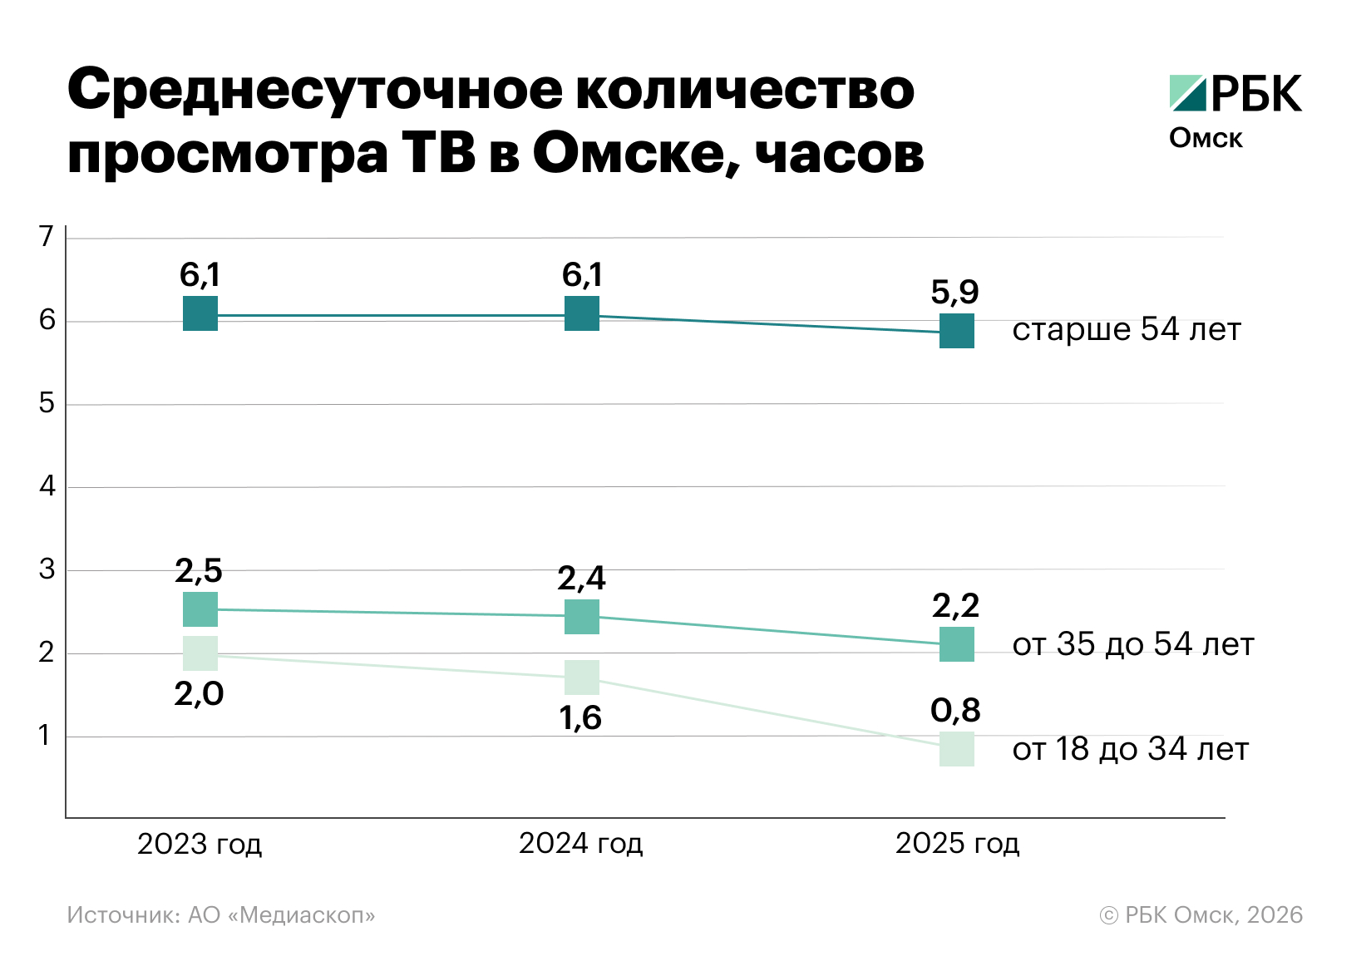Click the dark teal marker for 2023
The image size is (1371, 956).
pyautogui.click(x=200, y=313)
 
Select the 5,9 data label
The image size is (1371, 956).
pyautogui.click(x=954, y=292)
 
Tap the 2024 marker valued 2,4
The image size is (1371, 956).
pyautogui.click(x=582, y=617)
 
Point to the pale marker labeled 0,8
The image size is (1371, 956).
pyautogui.click(x=957, y=749)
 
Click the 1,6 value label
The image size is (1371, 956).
pyautogui.click(x=580, y=718)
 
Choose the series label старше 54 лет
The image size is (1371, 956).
pyautogui.click(x=1126, y=330)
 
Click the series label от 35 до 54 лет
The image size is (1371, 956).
pyautogui.click(x=1132, y=644)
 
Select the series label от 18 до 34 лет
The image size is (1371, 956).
pyautogui.click(x=1130, y=749)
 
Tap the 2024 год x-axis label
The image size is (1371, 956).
pyautogui.click(x=580, y=844)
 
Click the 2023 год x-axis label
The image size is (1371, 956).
pyautogui.click(x=200, y=844)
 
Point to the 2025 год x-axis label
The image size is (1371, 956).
pyautogui.click(x=957, y=844)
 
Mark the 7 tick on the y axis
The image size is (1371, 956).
pyautogui.click(x=47, y=237)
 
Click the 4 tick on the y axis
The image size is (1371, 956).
pyautogui.click(x=47, y=486)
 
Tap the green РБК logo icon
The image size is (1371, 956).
pyautogui.click(x=1187, y=93)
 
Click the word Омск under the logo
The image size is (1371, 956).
pyautogui.click(x=1206, y=138)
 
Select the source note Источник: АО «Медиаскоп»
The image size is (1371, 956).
pyautogui.click(x=221, y=915)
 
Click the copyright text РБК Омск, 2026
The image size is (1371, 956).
pyautogui.click(x=1201, y=915)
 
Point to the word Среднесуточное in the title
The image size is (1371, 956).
pyautogui.click(x=316, y=90)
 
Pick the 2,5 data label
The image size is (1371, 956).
pyautogui.click(x=199, y=571)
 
